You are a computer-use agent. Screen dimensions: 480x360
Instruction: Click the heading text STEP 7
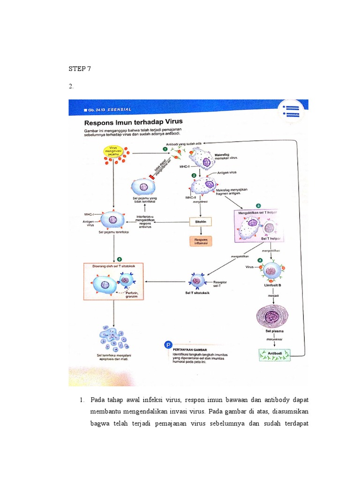point(80,69)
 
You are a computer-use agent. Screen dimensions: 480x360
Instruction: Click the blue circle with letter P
point(167,345)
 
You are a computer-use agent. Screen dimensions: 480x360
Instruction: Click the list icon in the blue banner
point(291,111)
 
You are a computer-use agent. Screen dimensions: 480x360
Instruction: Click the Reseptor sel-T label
point(220,284)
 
